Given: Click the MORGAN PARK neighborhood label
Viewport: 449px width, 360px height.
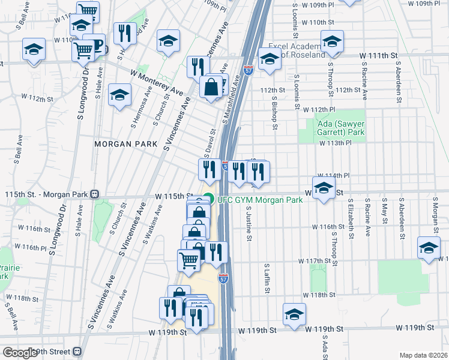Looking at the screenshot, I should (125, 145).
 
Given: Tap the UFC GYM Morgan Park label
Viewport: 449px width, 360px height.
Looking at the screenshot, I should (259, 199).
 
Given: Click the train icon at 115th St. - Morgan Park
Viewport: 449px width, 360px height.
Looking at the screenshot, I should (94, 194).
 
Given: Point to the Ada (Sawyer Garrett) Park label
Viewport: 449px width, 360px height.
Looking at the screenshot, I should (340, 127).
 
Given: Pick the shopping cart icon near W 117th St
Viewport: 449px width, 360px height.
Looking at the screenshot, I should (188, 259).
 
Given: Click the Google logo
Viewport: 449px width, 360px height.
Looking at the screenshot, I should (19, 353).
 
